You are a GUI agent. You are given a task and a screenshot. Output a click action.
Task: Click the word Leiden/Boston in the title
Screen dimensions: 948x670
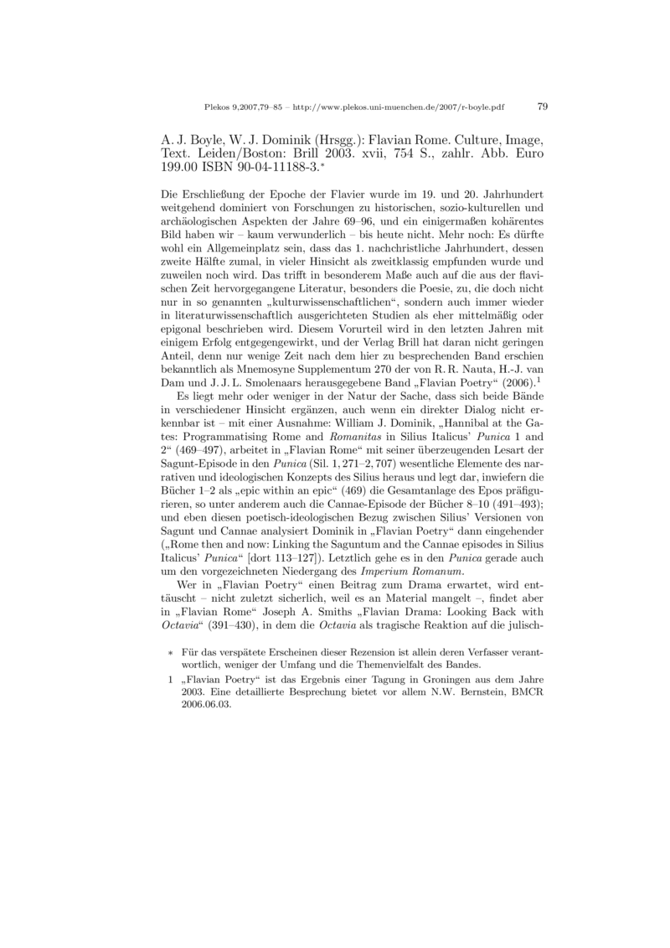[x=235, y=154]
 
